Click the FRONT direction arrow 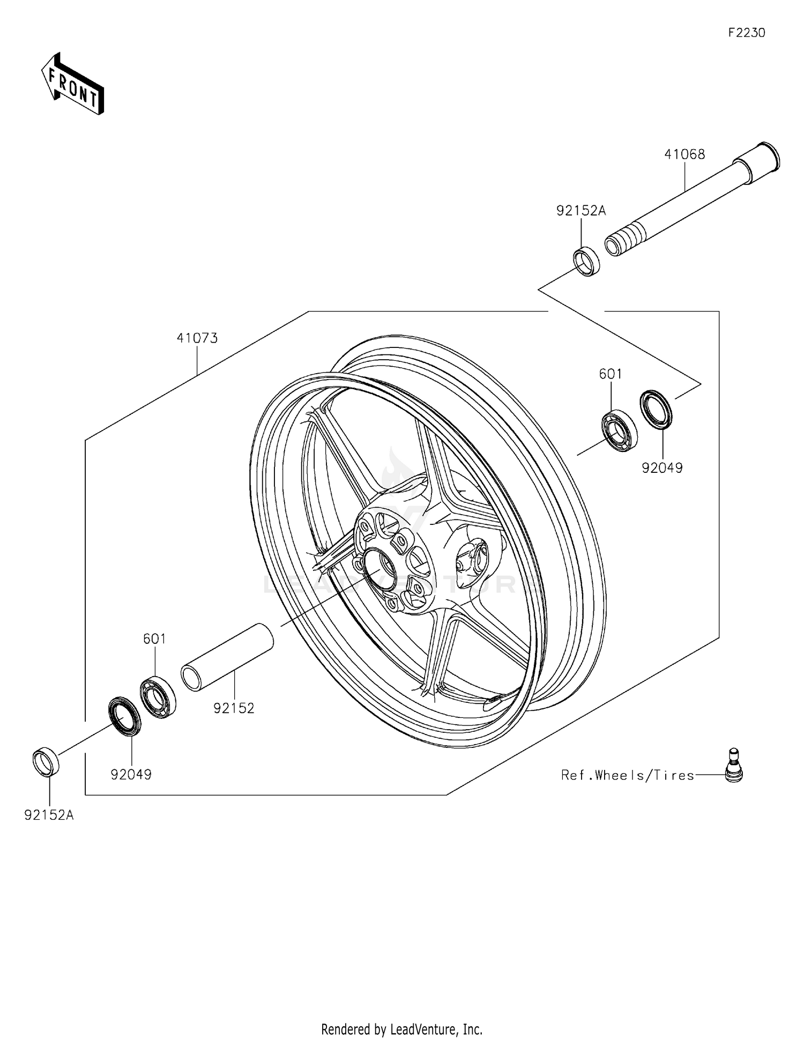73,84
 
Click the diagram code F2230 746,33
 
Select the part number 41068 684,154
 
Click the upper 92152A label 580,211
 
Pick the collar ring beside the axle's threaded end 587,261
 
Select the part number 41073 197,338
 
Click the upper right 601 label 611,374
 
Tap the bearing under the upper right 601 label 619,430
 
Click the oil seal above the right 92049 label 656,410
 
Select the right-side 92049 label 662,469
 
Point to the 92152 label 234,709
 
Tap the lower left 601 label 154,639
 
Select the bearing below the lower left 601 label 158,697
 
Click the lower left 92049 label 131,775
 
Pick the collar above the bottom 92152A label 46,761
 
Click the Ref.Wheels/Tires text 627,775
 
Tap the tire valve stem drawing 734,766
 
